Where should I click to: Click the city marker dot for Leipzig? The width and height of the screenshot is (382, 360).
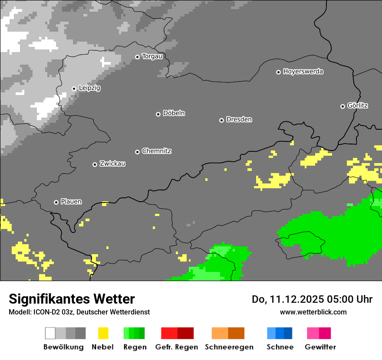[x=74, y=88]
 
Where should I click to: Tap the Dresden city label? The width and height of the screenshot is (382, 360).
[x=239, y=119]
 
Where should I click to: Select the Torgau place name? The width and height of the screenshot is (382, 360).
[x=152, y=56]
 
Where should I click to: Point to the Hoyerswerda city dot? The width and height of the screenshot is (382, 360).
[x=278, y=72]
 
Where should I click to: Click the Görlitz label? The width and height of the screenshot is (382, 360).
[x=358, y=105]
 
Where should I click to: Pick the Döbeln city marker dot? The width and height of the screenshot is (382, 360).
[x=158, y=114]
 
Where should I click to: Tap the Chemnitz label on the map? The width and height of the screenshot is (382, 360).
[x=156, y=151]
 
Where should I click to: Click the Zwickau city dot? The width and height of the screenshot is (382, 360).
[x=95, y=164]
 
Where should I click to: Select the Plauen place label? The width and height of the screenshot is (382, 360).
[x=71, y=202]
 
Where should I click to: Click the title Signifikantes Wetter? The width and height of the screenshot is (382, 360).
[x=72, y=299]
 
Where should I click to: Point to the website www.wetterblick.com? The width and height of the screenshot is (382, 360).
[x=313, y=312]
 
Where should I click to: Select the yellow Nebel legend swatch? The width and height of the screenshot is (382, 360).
[x=103, y=333]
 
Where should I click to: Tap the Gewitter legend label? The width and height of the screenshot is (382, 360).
[x=320, y=347]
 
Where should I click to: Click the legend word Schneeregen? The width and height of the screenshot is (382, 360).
[x=229, y=347]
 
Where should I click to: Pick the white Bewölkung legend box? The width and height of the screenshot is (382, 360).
[x=50, y=333]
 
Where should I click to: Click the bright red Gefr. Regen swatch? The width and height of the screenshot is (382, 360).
[x=169, y=333]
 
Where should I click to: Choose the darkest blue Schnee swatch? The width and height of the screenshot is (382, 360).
[x=288, y=333]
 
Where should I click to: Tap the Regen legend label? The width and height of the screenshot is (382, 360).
[x=135, y=347]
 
